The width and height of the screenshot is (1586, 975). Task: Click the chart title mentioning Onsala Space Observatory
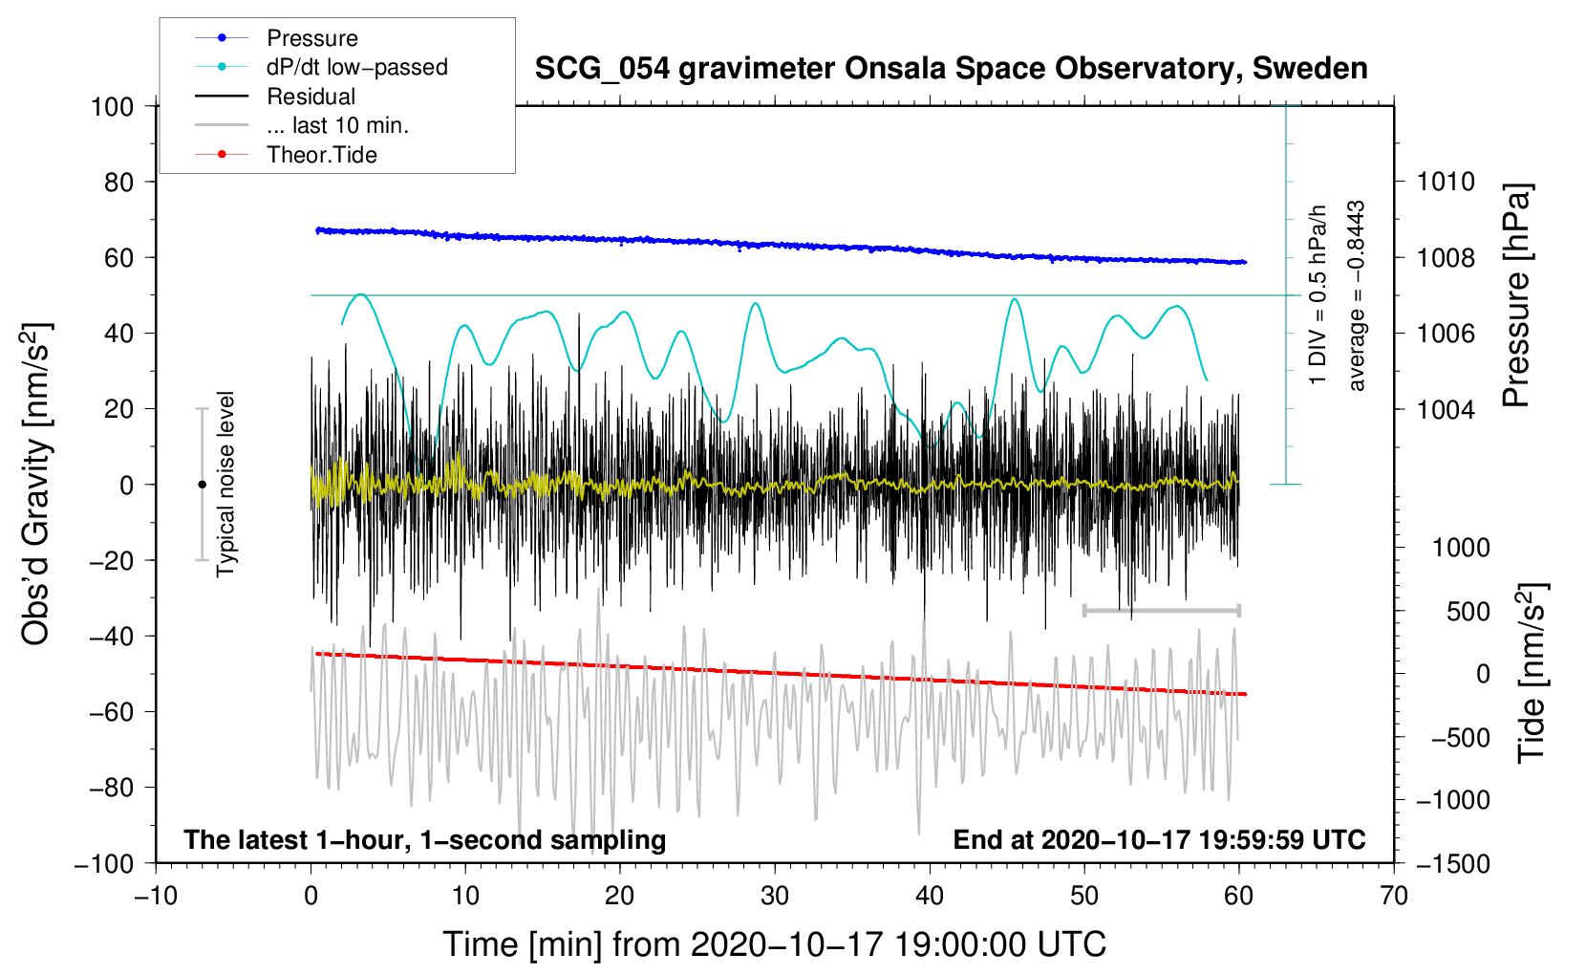[951, 69]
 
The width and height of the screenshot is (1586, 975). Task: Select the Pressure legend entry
[277, 37]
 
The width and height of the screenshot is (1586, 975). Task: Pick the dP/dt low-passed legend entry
[321, 67]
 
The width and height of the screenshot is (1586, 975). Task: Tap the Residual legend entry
[275, 97]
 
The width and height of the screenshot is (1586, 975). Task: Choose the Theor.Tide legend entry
[286, 155]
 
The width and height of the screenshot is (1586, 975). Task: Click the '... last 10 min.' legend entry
[302, 125]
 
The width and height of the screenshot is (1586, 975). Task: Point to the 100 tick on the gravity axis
[113, 107]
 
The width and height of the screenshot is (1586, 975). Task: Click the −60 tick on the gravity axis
[111, 712]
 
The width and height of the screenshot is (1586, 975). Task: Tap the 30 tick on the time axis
[775, 897]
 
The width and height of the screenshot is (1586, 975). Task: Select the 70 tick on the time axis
[1393, 897]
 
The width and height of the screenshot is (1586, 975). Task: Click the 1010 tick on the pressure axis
[1446, 183]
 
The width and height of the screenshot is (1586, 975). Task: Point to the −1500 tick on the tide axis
[1453, 864]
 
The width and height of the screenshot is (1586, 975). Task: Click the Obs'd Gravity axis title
[35, 484]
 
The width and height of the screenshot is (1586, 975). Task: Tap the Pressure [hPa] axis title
[1516, 295]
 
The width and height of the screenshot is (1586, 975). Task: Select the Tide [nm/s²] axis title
[1532, 673]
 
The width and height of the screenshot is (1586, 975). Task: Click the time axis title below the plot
[775, 944]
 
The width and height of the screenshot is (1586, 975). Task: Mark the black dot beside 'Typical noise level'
[202, 485]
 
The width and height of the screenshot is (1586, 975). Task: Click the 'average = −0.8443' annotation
[1355, 295]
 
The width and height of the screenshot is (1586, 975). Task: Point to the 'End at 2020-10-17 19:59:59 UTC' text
[1159, 839]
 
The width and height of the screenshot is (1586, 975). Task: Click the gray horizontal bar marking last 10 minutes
[1161, 610]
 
